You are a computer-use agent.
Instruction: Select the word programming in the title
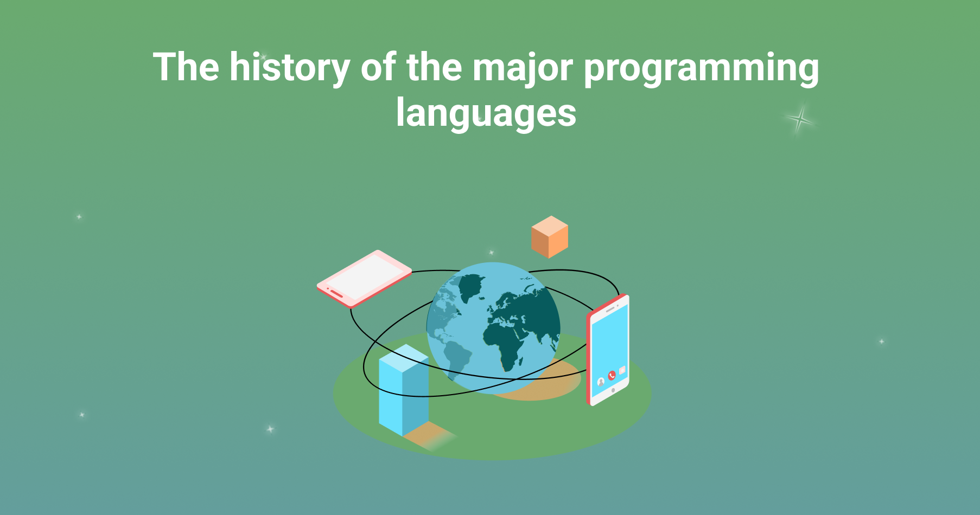[x=701, y=69]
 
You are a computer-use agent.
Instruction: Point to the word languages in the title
[x=486, y=113]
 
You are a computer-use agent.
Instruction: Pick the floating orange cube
[x=550, y=237]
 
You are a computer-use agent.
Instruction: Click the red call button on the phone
[x=612, y=375]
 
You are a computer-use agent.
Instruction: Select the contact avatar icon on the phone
[x=601, y=382]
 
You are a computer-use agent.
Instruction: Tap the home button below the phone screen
[x=613, y=390]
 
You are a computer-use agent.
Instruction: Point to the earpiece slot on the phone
[x=610, y=309]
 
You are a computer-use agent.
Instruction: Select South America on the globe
[x=457, y=358]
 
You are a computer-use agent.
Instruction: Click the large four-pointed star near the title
[x=799, y=119]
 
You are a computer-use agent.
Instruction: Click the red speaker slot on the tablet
[x=336, y=294]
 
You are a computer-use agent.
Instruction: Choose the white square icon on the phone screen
[x=622, y=370]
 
